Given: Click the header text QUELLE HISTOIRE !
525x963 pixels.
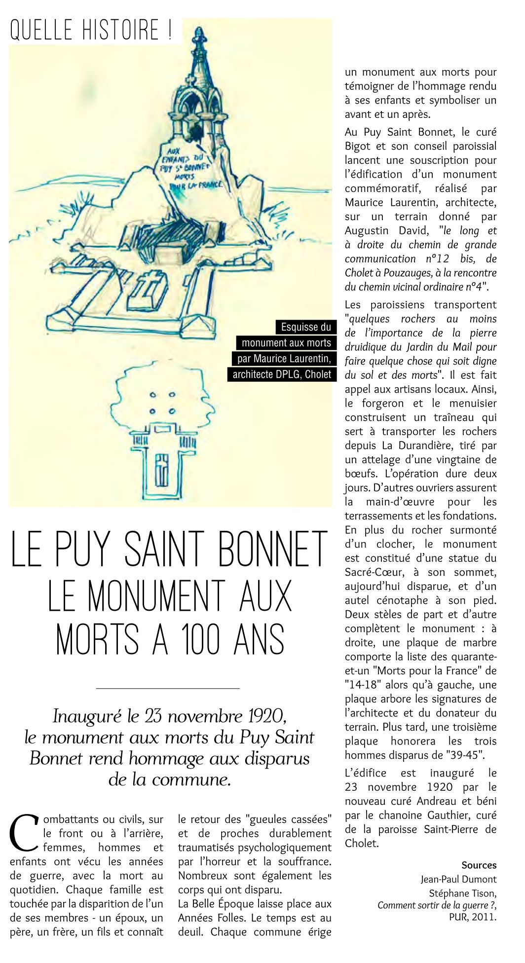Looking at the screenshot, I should [x=92, y=31].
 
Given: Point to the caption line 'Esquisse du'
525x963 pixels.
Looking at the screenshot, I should [x=306, y=327].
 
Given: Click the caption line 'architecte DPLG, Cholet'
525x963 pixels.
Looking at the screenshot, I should [x=282, y=374].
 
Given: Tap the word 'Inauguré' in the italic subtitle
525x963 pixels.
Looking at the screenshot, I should [x=86, y=716].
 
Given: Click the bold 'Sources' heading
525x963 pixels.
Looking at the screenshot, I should [x=479, y=865].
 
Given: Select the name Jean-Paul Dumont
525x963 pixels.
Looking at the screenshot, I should [x=458, y=879].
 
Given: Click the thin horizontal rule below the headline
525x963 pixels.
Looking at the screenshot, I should [x=168, y=688].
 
